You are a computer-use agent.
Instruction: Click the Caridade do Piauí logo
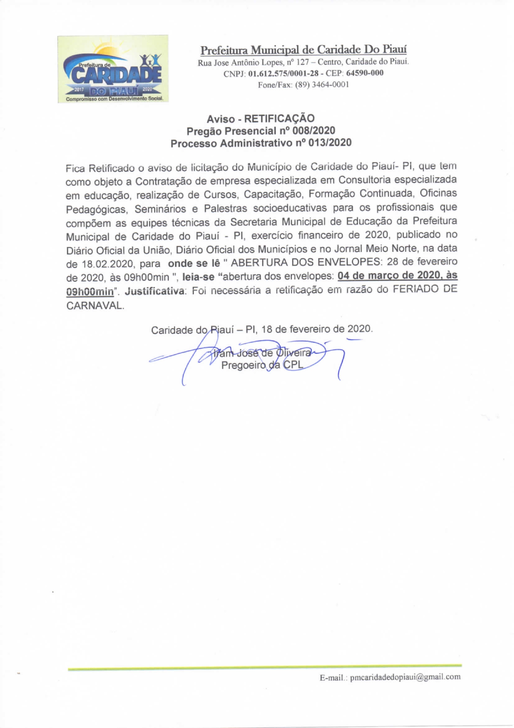[x=113, y=69]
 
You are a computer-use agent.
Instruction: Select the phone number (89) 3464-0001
[x=322, y=85]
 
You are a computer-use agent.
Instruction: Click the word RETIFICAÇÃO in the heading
[x=279, y=119]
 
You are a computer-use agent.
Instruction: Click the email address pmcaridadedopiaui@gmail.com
[x=405, y=677]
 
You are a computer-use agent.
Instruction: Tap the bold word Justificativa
[x=155, y=291]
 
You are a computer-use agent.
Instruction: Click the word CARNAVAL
[x=95, y=306]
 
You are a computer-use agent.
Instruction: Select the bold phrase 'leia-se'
[x=198, y=277]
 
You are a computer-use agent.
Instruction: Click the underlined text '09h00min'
[x=90, y=292]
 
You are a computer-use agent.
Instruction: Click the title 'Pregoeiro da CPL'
[x=262, y=365]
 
